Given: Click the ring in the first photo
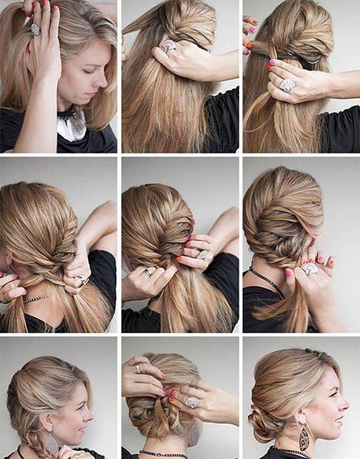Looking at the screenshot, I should click(x=35, y=29).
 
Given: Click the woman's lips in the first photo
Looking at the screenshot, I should click(x=92, y=95).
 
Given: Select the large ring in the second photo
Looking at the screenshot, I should click(x=168, y=46).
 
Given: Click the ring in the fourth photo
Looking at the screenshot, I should click(x=82, y=280).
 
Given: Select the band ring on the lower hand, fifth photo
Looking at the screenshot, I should click(x=148, y=272).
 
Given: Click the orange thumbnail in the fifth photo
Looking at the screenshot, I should click(x=179, y=259).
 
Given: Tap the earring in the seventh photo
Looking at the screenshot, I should click(x=52, y=443).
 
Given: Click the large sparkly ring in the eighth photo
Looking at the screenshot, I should click(x=192, y=402).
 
